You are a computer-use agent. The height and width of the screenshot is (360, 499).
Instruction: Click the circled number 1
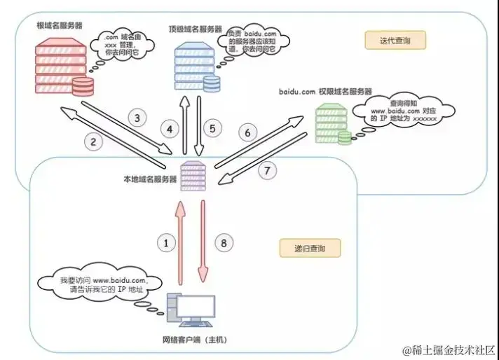(x=166, y=243)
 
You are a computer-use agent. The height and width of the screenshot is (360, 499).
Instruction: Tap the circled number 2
(x=93, y=141)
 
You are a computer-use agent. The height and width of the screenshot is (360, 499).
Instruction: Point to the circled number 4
(x=168, y=129)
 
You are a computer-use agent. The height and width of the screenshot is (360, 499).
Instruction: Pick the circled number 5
(x=214, y=129)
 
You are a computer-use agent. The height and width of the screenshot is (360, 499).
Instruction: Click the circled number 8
(x=224, y=243)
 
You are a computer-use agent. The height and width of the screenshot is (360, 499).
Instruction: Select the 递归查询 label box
(x=309, y=248)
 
